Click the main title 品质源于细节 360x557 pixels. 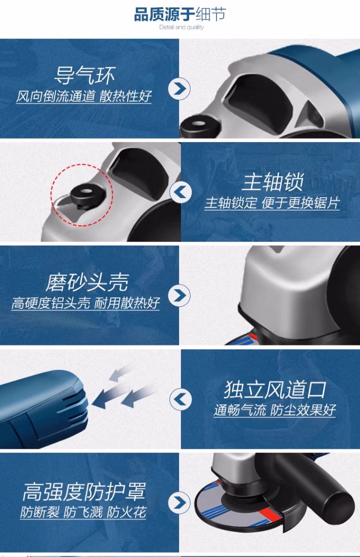click(x=180, y=14)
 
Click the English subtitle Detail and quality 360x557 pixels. click(x=181, y=27)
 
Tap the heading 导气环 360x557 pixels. click(x=84, y=76)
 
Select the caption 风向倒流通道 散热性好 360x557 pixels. click(x=84, y=96)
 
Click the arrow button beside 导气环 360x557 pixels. click(x=179, y=88)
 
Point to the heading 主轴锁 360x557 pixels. click(x=273, y=182)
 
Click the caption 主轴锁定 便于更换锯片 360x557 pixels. click(x=272, y=203)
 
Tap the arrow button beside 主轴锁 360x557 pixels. click(x=180, y=192)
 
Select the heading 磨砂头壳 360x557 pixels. click(x=86, y=283)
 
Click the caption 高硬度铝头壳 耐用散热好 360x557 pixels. click(x=85, y=303)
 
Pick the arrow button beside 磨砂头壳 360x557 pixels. click(x=179, y=296)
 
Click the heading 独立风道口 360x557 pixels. click(x=275, y=390)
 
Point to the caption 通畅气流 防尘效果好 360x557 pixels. click(x=275, y=410)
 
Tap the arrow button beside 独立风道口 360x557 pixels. click(x=180, y=399)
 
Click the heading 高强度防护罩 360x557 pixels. click(x=84, y=492)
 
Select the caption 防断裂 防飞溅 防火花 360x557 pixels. click(x=83, y=512)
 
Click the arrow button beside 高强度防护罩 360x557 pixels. click(x=179, y=502)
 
